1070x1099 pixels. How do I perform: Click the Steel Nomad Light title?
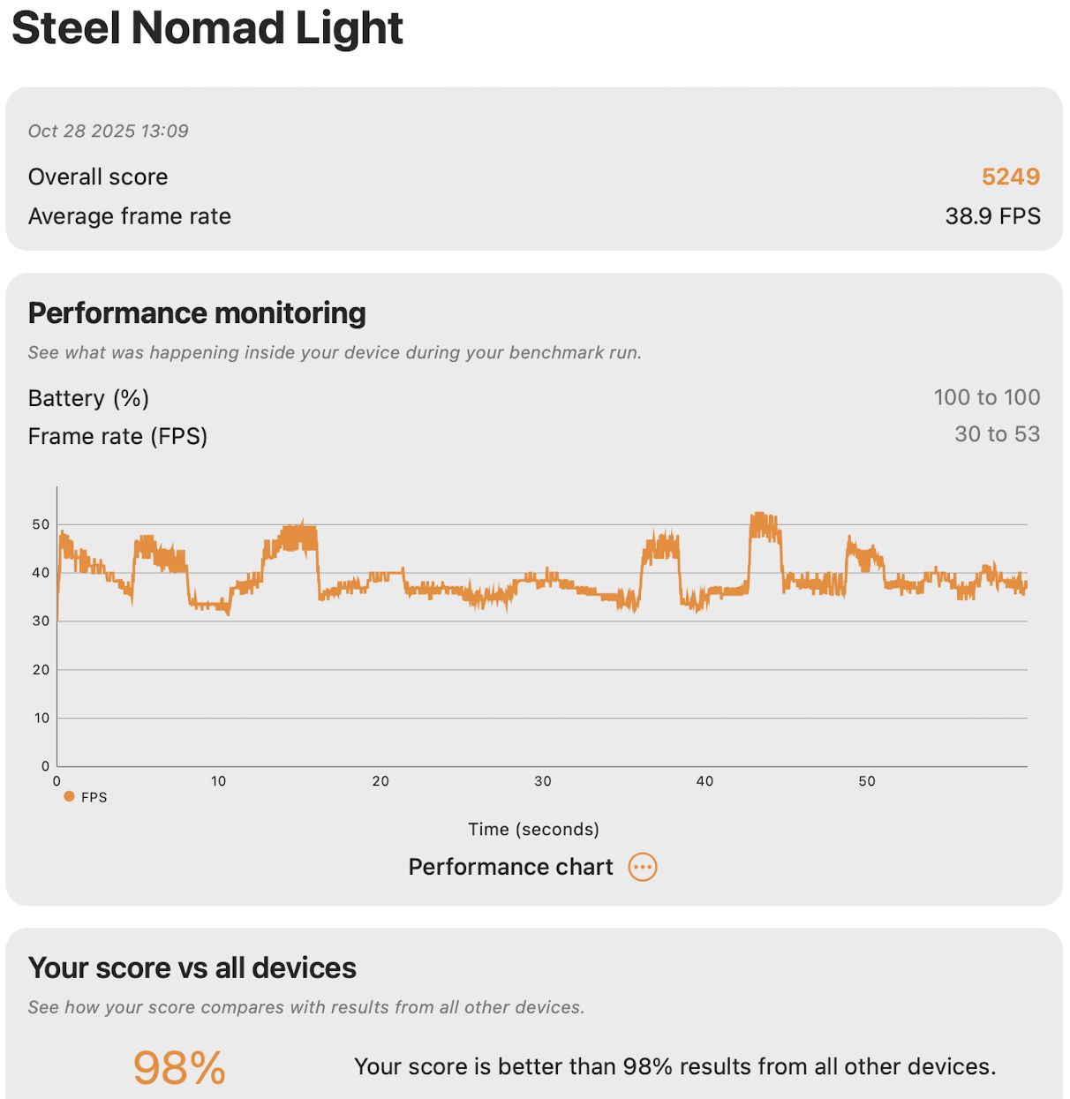207,28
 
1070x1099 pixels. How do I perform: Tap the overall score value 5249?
1010,177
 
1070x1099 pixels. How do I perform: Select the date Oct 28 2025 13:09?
108,132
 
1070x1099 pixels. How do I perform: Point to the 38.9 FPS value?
992,216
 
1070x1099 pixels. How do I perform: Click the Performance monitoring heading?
197,313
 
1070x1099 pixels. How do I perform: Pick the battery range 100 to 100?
986,397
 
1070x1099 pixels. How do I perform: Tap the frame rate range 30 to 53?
997,434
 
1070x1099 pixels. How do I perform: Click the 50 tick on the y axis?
41,524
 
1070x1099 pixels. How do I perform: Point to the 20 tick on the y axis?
41,670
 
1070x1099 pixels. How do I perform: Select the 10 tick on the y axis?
41,719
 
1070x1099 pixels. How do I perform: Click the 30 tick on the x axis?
542,781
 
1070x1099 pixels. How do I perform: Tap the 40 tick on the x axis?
705,781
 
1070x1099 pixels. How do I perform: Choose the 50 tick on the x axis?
867,781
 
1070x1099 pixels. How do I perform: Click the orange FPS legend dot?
69,796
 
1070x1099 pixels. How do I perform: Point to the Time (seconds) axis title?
533,829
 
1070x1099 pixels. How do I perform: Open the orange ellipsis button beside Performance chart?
643,867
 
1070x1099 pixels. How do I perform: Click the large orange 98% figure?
179,1067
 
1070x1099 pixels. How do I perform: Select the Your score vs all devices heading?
192,968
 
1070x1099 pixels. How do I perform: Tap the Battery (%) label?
88,398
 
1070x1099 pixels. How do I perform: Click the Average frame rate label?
130,216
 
